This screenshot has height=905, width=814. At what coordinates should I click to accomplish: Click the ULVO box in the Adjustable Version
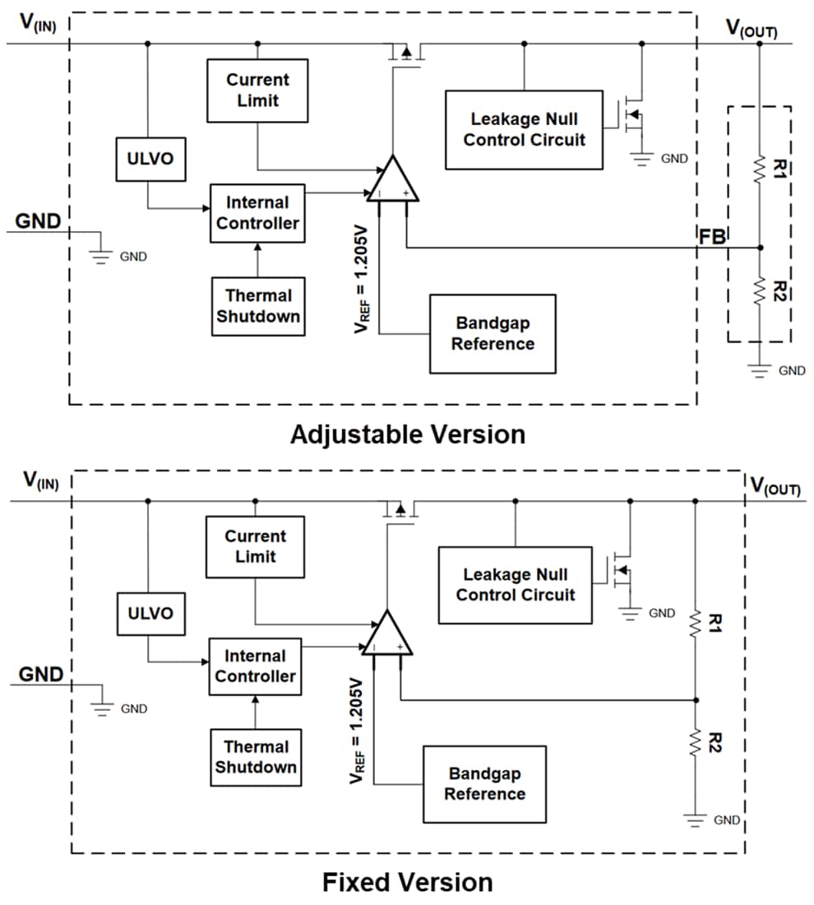tap(150, 159)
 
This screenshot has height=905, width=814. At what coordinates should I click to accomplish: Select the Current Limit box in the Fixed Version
tap(255, 546)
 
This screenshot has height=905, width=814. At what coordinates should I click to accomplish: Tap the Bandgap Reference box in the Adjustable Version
tap(493, 333)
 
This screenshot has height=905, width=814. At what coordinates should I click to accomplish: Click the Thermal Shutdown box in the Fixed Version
tap(255, 757)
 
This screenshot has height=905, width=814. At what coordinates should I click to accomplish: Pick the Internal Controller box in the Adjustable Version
tap(257, 213)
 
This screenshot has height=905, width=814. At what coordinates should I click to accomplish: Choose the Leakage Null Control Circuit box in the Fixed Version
tap(515, 585)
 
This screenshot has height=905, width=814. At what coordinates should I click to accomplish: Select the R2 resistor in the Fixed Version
tap(696, 743)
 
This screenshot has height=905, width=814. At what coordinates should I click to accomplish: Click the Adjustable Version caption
tap(407, 434)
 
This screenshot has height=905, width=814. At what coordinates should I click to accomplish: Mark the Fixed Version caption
tap(407, 883)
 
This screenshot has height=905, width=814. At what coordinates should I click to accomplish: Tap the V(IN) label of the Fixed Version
tap(40, 480)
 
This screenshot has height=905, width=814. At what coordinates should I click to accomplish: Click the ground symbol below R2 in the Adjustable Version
tap(760, 369)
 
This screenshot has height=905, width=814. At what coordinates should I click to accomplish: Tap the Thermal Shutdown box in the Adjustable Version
tap(257, 306)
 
